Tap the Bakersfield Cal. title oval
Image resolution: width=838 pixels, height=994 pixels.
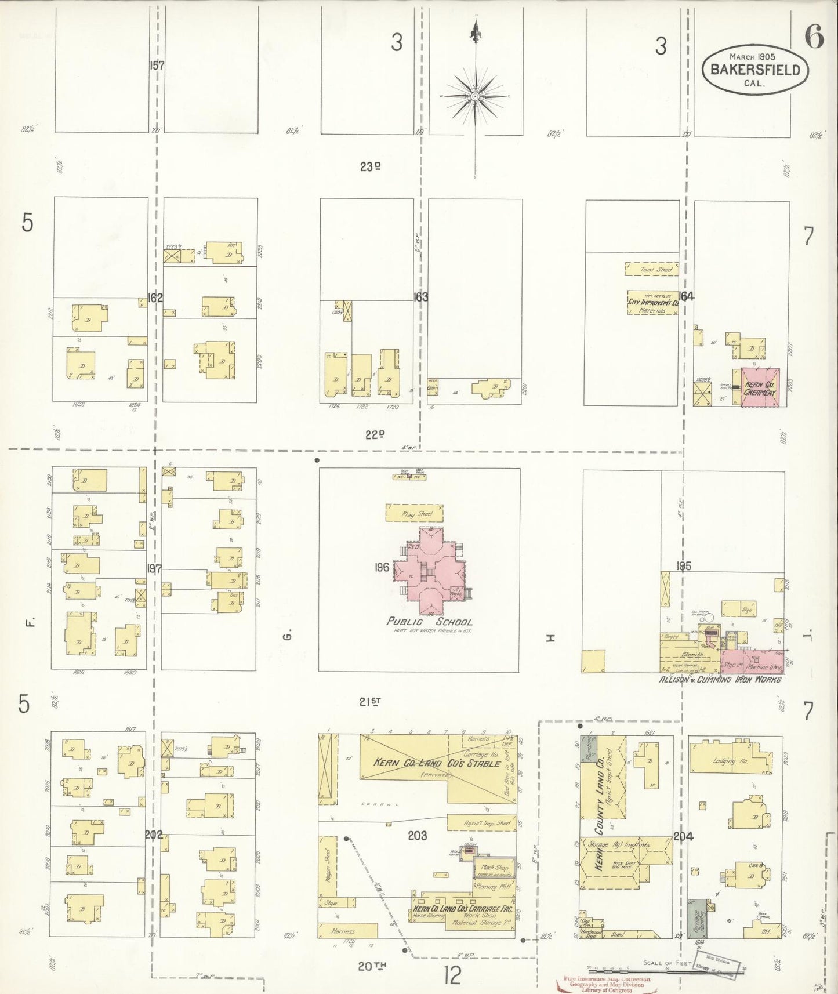click(x=755, y=70)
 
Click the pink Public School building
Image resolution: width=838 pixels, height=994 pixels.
click(x=431, y=571)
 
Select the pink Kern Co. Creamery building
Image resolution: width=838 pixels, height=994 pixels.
click(x=760, y=387)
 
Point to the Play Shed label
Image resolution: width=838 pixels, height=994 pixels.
click(x=415, y=513)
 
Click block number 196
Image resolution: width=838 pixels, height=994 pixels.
click(x=382, y=567)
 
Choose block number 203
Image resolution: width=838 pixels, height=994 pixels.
click(x=417, y=836)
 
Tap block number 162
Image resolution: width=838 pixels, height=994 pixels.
click(x=155, y=298)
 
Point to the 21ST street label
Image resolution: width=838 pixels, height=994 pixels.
click(x=369, y=702)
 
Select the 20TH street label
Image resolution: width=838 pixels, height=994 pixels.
click(x=372, y=966)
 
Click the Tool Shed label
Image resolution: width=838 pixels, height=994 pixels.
click(x=652, y=269)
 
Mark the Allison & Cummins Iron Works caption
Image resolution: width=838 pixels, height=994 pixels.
click(x=719, y=680)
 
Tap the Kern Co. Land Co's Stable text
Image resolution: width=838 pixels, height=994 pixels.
click(x=436, y=763)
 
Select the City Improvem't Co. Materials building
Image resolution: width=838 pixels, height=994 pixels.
click(x=653, y=303)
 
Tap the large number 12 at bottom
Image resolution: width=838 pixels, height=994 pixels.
click(x=452, y=975)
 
